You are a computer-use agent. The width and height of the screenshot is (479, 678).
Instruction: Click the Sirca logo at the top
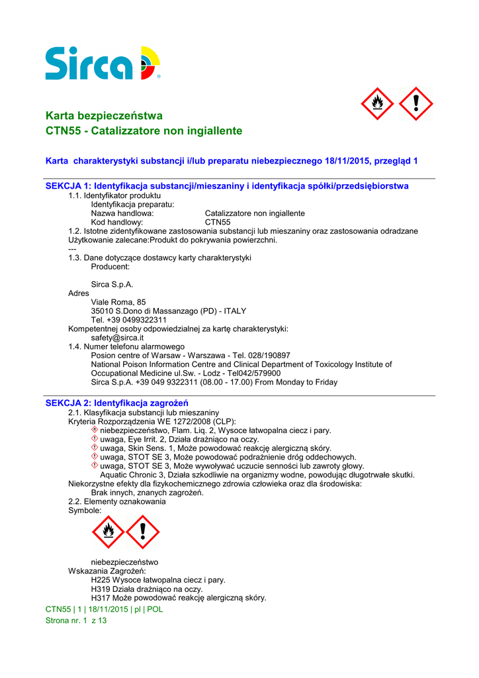(x=103, y=64)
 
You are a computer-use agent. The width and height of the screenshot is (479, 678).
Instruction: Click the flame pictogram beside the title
(x=377, y=104)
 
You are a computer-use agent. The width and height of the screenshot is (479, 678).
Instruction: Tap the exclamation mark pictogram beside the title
(x=416, y=104)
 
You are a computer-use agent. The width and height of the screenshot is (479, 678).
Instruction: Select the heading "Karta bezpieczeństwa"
(x=104, y=116)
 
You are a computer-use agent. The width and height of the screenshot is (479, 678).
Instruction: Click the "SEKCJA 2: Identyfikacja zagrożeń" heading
(x=117, y=403)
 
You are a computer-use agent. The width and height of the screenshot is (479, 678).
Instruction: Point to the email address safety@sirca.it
(x=117, y=338)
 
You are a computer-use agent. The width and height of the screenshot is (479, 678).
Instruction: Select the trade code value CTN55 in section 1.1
(x=218, y=222)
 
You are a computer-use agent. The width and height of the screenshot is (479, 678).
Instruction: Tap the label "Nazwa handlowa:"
(x=122, y=213)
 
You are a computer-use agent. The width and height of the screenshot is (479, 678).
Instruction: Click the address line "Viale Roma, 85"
(x=118, y=302)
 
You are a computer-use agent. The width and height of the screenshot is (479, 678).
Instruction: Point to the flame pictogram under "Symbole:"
(x=107, y=532)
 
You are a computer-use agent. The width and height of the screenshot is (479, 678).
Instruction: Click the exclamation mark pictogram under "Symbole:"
(x=143, y=532)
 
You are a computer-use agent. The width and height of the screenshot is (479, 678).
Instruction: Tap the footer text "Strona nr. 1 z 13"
(x=75, y=621)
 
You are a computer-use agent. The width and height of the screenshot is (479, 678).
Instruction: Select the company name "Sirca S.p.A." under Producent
(x=112, y=284)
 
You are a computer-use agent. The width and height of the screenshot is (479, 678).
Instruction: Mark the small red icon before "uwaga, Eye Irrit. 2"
(x=95, y=439)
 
